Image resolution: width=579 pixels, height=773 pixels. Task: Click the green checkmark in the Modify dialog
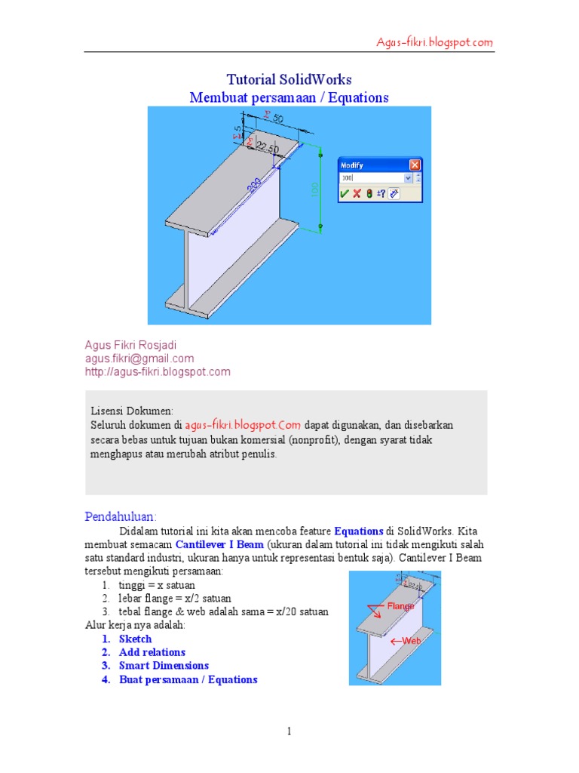click(345, 193)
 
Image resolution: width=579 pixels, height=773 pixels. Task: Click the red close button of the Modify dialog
click(415, 165)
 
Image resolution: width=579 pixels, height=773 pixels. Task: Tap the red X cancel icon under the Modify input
click(357, 193)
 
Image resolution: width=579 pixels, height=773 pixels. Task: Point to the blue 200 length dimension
click(254, 183)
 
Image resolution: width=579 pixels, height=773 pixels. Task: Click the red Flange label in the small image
click(400, 606)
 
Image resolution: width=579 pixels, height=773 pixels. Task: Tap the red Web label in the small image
click(410, 641)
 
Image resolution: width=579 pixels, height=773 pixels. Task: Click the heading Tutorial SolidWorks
click(289, 79)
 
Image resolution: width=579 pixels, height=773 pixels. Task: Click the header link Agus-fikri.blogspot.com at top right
click(435, 42)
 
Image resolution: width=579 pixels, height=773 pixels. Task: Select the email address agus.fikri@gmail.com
click(139, 359)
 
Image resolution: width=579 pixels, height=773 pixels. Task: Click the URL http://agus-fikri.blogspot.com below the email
click(157, 371)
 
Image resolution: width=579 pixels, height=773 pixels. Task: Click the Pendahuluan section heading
click(120, 516)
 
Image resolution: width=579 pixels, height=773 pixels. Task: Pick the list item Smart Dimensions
click(164, 666)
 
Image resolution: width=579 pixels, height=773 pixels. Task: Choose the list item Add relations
click(152, 652)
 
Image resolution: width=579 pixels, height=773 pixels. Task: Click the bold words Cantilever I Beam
click(219, 544)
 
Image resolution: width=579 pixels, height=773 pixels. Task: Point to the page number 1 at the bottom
click(289, 731)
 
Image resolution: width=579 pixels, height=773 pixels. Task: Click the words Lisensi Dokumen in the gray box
click(132, 411)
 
